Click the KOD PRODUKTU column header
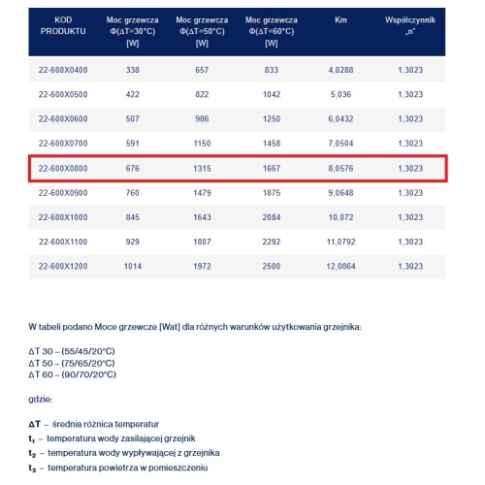click(x=63, y=25)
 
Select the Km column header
click(x=340, y=18)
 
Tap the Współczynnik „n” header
click(x=410, y=25)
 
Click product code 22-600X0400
click(x=63, y=70)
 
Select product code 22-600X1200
click(x=63, y=265)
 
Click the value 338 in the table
click(x=132, y=70)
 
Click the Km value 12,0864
click(x=340, y=265)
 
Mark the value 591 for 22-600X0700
click(x=132, y=143)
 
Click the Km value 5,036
click(x=340, y=95)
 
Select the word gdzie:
click(x=42, y=399)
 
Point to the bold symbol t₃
click(x=33, y=469)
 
